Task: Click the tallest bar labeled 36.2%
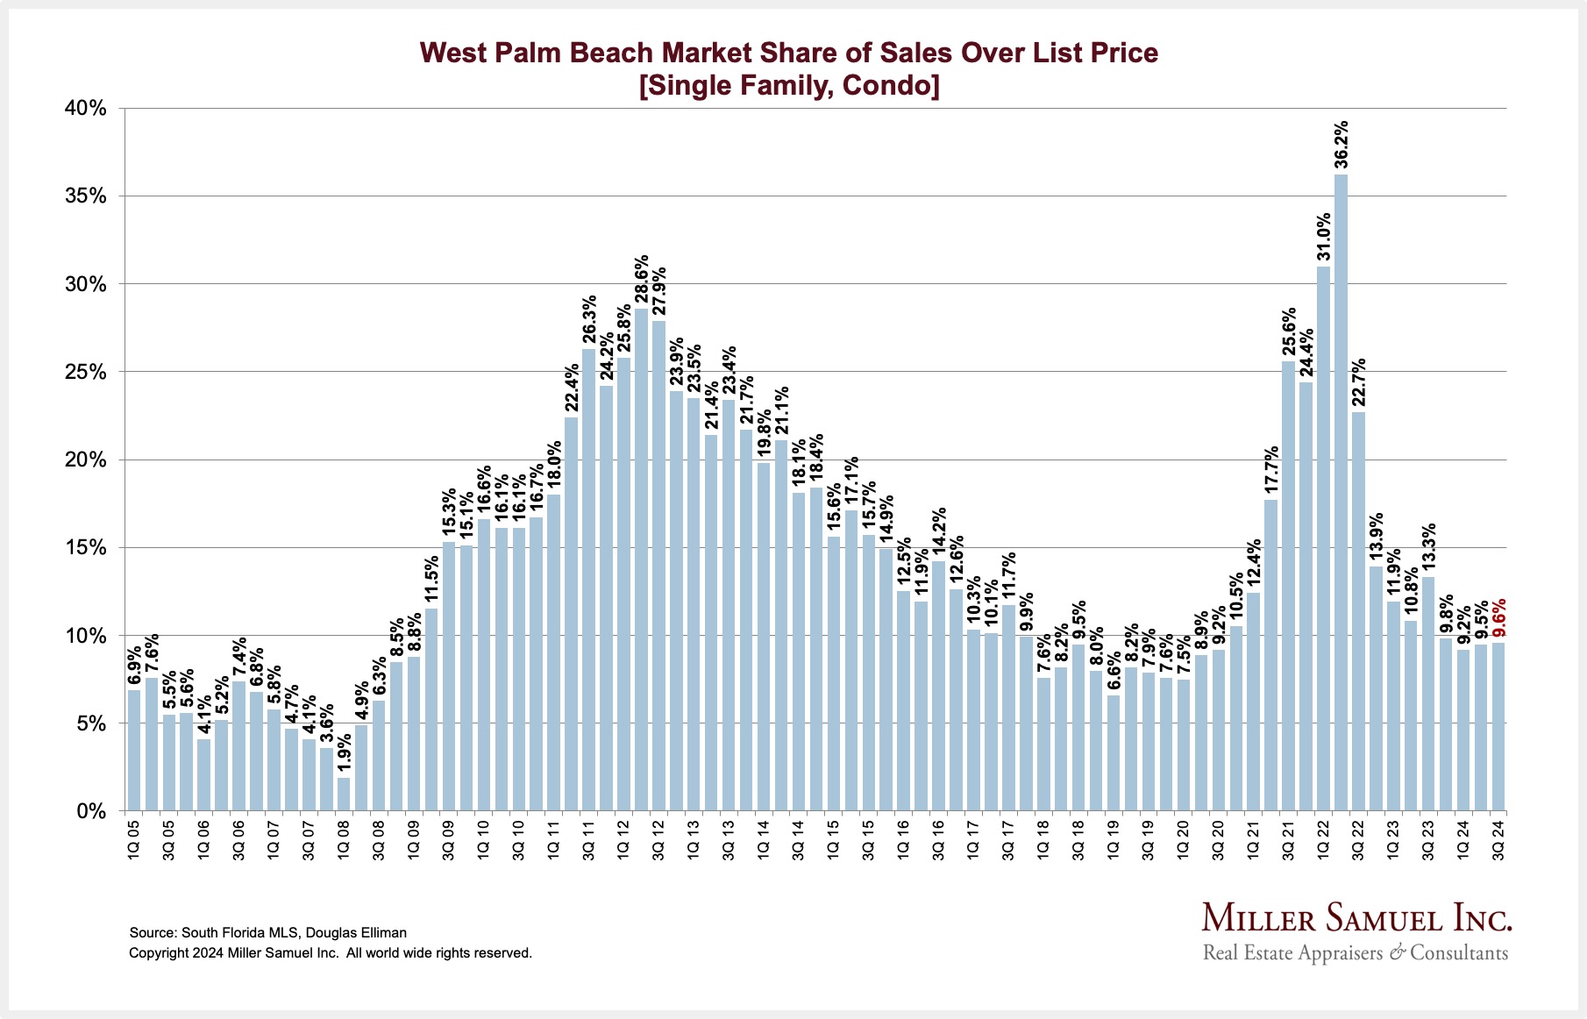(1341, 491)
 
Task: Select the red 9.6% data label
(1499, 617)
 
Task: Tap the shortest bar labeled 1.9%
(344, 794)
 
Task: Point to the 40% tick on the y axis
(85, 108)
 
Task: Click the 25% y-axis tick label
(85, 372)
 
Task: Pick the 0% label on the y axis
(90, 811)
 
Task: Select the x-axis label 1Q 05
(133, 840)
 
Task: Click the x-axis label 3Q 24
(1498, 840)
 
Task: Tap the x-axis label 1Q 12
(623, 840)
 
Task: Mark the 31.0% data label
(1323, 237)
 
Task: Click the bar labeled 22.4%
(571, 614)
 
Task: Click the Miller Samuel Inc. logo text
(1356, 918)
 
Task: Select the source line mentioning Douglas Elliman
(267, 933)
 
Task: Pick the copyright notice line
(331, 953)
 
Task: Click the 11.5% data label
(431, 580)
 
